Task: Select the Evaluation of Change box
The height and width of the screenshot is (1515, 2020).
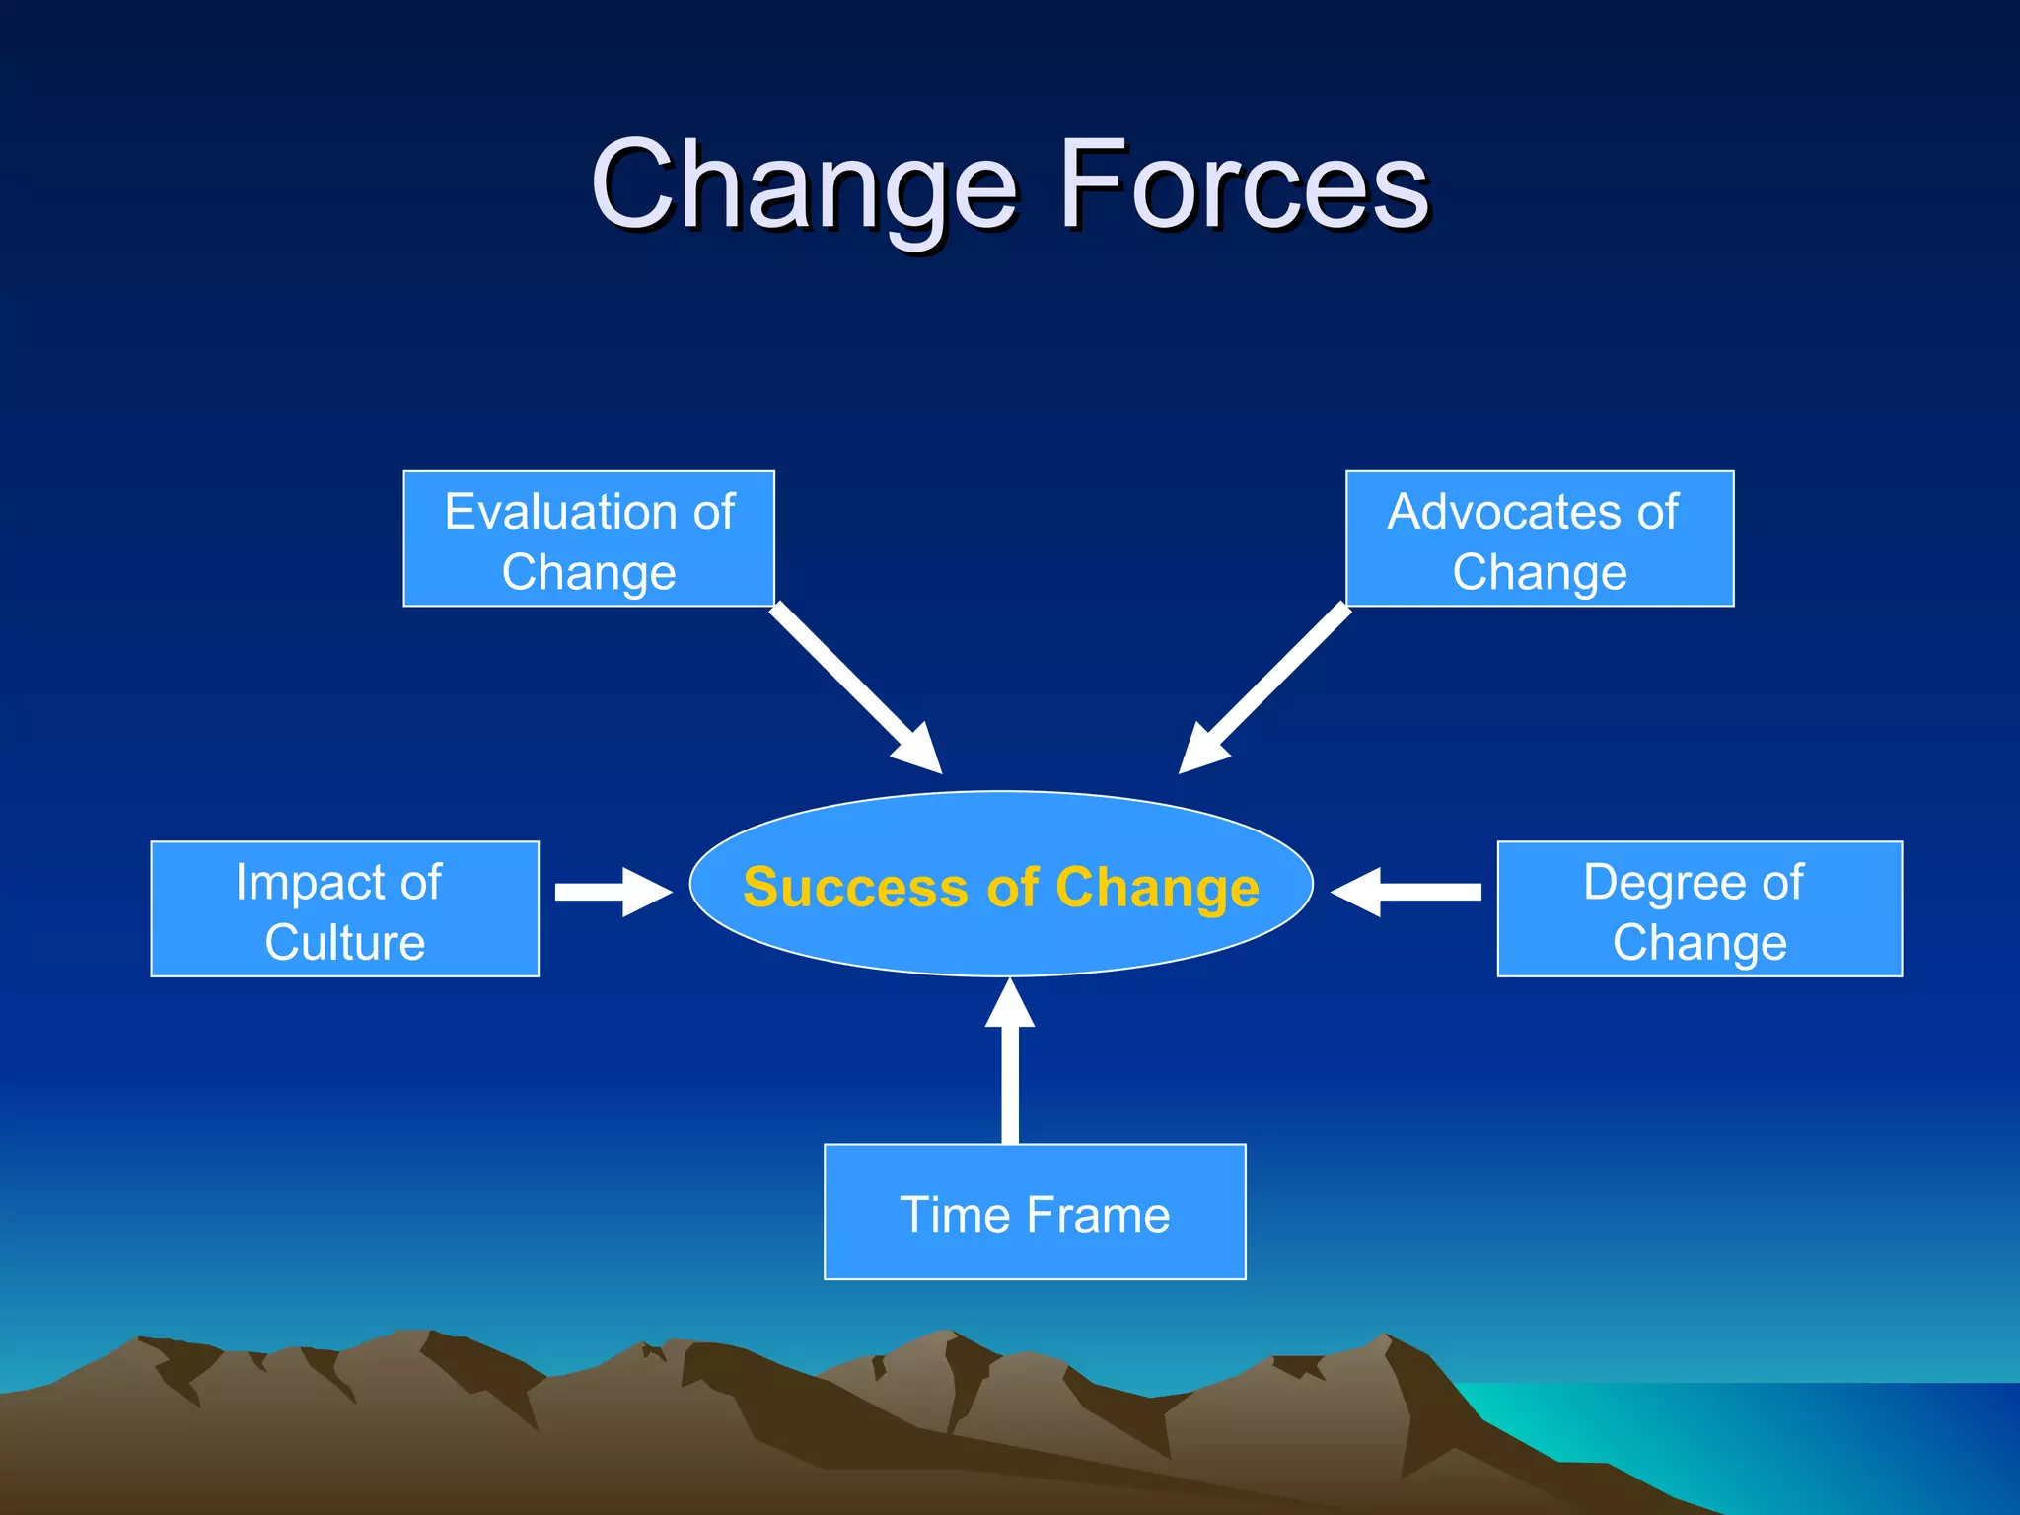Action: (589, 539)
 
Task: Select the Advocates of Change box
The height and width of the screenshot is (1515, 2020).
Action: (1539, 539)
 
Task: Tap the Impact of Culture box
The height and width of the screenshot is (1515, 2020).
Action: (344, 908)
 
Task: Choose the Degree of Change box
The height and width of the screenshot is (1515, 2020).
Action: (1698, 908)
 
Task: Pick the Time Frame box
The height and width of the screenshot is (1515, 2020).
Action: (1035, 1212)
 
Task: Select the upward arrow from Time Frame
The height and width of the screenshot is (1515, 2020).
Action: (1010, 1065)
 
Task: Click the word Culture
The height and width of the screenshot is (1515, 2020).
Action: (344, 942)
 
